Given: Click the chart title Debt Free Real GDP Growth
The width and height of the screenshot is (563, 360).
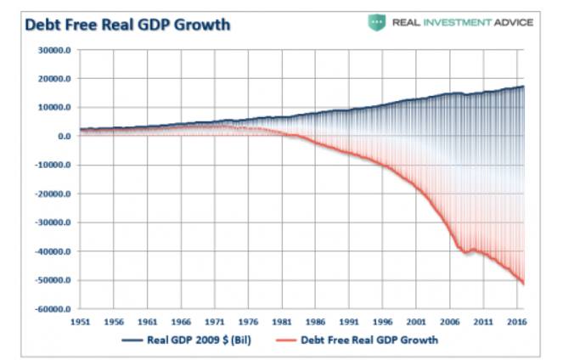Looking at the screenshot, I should [x=127, y=25].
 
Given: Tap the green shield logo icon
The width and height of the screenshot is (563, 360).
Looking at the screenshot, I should [x=376, y=23].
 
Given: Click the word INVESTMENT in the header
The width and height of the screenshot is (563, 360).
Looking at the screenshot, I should [x=464, y=23].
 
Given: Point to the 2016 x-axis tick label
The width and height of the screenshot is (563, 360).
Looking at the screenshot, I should [x=515, y=323].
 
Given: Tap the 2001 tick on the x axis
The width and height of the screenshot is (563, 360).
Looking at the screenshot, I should [x=415, y=323].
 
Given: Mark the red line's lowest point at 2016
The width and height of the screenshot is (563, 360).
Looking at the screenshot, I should [x=523, y=284].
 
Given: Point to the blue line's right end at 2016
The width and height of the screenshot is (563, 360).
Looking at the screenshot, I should [x=523, y=87].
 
